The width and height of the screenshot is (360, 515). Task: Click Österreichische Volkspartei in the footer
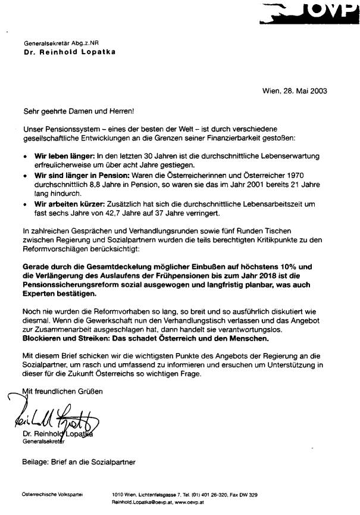[52, 495]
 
